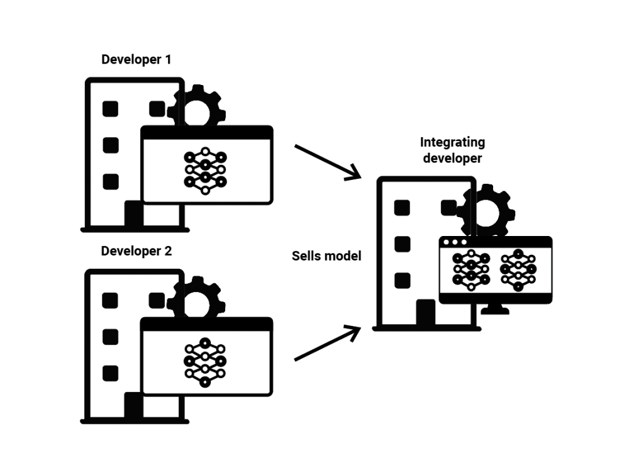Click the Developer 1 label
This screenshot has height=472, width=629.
(x=136, y=60)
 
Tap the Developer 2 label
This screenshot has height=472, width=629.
(x=136, y=252)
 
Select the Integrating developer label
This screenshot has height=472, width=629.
(x=452, y=150)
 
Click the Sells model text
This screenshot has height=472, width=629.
(x=326, y=256)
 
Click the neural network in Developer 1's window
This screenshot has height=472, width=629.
(x=206, y=170)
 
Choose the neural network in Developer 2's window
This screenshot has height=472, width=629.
(x=206, y=362)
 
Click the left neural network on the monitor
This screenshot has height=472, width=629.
(x=471, y=270)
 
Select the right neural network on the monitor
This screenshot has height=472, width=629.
(x=518, y=270)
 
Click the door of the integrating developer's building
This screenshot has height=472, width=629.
(x=426, y=313)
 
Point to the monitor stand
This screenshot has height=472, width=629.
(x=495, y=310)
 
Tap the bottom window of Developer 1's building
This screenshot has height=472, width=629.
(x=111, y=182)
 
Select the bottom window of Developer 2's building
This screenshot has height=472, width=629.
(x=111, y=374)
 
